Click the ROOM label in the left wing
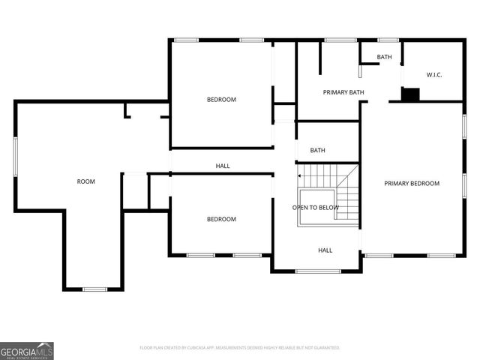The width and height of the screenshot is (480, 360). [x=86, y=181]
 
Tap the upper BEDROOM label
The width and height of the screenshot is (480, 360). [x=221, y=100]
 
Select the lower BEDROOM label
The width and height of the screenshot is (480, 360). [x=221, y=219]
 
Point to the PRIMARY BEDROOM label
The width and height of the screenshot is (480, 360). [x=412, y=183]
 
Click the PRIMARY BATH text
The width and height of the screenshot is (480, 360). [x=343, y=92]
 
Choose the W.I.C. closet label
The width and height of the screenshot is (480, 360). [x=434, y=75]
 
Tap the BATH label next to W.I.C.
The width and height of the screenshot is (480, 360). [x=384, y=57]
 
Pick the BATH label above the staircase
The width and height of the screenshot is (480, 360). [x=318, y=150]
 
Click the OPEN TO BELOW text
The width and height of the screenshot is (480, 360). [x=316, y=208]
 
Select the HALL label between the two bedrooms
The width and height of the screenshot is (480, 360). [x=223, y=166]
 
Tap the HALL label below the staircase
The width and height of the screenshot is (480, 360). [x=325, y=250]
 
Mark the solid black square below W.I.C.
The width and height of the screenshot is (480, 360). [x=410, y=94]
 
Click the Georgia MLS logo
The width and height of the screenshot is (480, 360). [x=27, y=350]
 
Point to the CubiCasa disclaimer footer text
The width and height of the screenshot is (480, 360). [x=240, y=348]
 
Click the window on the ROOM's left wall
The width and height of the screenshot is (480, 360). [x=16, y=157]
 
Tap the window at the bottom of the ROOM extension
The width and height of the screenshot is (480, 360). [x=94, y=289]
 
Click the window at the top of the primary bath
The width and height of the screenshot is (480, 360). [x=340, y=40]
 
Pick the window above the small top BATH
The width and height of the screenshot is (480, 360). [x=388, y=40]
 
